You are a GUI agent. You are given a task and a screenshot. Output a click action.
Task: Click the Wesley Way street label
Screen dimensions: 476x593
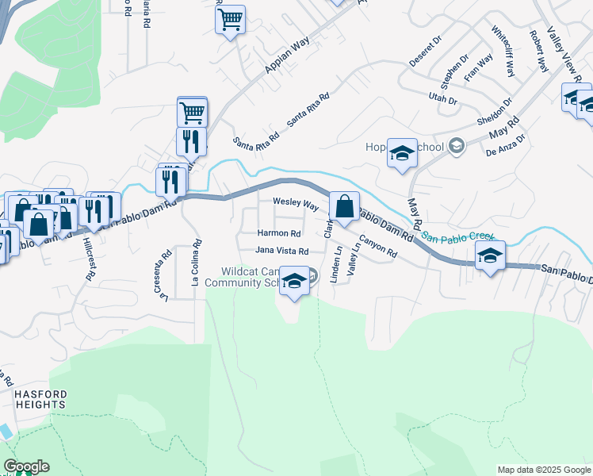click(296, 204)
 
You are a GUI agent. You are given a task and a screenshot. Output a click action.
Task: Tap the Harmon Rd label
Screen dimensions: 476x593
click(279, 234)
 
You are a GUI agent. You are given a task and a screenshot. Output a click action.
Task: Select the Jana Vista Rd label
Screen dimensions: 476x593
click(281, 251)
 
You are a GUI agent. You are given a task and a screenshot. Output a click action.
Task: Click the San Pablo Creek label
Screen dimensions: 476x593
click(458, 236)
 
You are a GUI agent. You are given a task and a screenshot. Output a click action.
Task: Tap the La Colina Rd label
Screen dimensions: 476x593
click(194, 263)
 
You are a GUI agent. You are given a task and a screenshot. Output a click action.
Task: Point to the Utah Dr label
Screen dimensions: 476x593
click(443, 101)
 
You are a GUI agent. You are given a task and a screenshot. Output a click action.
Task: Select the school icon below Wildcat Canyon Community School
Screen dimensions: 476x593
click(294, 282)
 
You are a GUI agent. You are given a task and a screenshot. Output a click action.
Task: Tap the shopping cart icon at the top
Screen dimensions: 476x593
click(230, 19)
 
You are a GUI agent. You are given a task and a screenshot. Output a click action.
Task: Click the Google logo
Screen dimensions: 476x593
click(26, 466)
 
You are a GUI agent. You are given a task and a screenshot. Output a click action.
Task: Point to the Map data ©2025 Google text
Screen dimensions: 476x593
click(543, 470)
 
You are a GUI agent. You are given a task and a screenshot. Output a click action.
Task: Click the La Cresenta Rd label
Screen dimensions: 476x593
click(166, 276)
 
